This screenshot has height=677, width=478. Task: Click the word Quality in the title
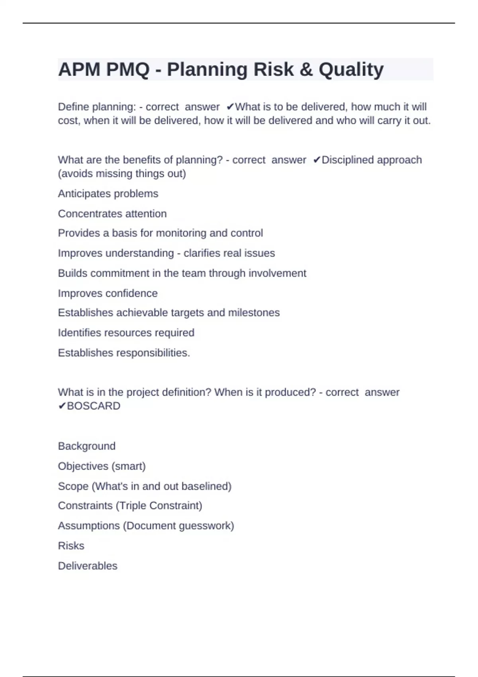[351, 70]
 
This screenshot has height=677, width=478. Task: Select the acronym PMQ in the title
[127, 70]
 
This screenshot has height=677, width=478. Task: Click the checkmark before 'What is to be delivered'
[230, 107]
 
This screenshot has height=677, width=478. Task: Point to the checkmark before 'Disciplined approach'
[317, 160]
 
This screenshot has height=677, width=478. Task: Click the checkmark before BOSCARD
[62, 406]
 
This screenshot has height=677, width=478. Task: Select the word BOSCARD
[94, 406]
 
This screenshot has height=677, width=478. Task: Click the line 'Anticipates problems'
[108, 194]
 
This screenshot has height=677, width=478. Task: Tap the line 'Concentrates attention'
[112, 214]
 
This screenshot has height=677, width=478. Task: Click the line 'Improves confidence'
[108, 293]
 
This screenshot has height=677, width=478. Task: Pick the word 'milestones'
[254, 313]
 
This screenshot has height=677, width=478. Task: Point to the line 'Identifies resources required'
[126, 333]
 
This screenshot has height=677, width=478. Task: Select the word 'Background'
[86, 446]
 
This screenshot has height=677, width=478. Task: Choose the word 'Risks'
[71, 546]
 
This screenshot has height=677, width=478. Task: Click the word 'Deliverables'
[88, 566]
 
